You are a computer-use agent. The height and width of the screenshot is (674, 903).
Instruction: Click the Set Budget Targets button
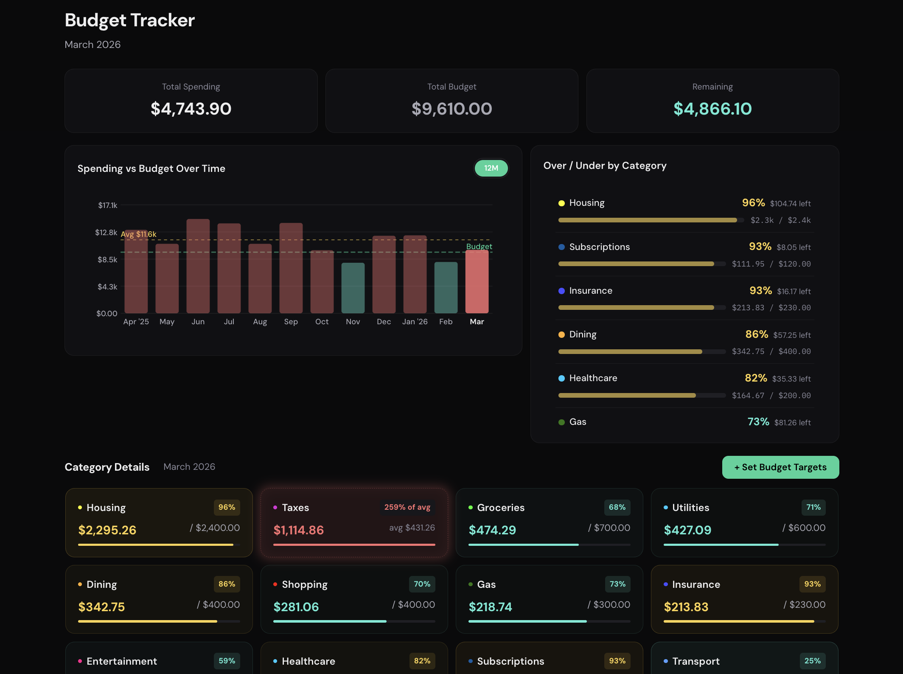[x=780, y=467]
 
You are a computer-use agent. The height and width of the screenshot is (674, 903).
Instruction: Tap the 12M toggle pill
[x=491, y=168]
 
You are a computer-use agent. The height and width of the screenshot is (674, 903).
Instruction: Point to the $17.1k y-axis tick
[x=107, y=205]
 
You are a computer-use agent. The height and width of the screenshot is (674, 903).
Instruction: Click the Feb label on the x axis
[x=446, y=322]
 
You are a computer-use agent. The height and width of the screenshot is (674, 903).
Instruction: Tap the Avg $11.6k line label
[x=139, y=234]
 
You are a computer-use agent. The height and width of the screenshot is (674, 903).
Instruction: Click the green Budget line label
[x=479, y=247]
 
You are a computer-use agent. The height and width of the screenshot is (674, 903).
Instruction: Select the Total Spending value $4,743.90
[x=191, y=109]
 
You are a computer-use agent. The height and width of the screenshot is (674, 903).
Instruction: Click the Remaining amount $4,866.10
[x=712, y=109]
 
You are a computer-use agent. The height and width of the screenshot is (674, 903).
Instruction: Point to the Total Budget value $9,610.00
[x=451, y=109]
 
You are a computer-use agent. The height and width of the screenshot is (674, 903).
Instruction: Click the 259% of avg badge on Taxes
[x=407, y=507]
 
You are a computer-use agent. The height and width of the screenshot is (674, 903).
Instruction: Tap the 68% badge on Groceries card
[x=617, y=507]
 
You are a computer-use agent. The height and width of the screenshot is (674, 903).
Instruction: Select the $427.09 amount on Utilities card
[x=687, y=530]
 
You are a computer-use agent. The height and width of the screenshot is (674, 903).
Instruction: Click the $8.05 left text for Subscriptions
[x=793, y=247]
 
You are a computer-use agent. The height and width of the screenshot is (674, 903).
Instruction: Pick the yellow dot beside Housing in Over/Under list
[x=561, y=203]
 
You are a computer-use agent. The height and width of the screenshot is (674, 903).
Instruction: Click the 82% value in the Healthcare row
[x=755, y=378]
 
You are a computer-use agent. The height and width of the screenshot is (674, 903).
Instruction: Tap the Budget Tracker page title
[x=129, y=20]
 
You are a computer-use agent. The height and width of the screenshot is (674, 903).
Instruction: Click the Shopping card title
[x=304, y=584]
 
